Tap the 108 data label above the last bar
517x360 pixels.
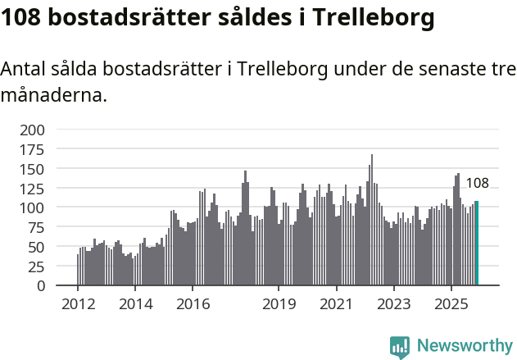coord(477,183)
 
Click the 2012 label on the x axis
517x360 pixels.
coord(78,303)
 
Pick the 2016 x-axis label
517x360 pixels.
coord(193,303)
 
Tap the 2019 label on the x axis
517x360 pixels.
coord(279,303)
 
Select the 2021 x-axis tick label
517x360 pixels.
coord(336,303)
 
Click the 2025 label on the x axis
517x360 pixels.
coord(451,303)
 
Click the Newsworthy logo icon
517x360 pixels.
coord(400,346)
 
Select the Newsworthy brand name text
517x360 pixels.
coord(464,346)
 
